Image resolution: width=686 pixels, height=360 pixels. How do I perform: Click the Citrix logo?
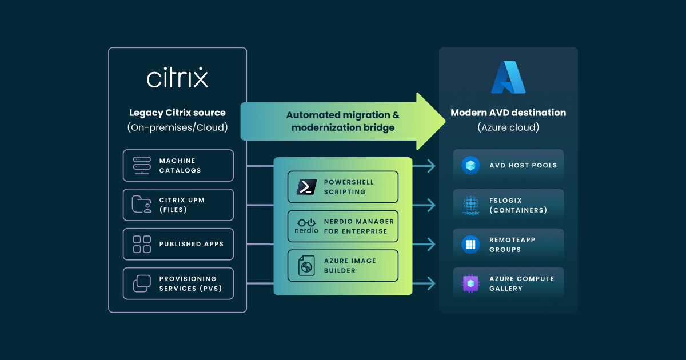[x=177, y=78]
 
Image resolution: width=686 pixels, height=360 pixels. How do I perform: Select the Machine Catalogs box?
[x=178, y=166]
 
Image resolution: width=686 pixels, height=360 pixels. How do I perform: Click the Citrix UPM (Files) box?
[x=178, y=205]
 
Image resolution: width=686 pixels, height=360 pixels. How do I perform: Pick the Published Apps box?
[x=178, y=244]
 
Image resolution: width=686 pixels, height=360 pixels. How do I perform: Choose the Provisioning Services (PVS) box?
[x=178, y=283]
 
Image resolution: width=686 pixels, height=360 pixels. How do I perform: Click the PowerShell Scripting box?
[x=343, y=187]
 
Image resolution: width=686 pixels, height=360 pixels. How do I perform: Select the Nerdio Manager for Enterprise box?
[x=343, y=226]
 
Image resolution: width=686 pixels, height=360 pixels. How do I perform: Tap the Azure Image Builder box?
[x=343, y=266]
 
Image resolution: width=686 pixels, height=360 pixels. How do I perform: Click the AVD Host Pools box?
[x=508, y=166]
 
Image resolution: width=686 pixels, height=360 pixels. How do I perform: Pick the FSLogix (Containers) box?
[x=508, y=205]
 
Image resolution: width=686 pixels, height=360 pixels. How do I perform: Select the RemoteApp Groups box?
[x=508, y=245]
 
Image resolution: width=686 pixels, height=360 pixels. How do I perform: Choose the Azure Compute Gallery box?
[x=508, y=283]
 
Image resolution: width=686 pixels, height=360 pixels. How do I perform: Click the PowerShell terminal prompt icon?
[x=307, y=187]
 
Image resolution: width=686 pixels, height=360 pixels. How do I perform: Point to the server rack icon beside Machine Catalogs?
[x=142, y=166]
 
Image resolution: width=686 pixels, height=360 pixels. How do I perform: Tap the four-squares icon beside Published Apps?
[x=142, y=244]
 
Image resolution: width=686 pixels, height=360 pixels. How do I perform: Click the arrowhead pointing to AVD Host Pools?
[x=432, y=166]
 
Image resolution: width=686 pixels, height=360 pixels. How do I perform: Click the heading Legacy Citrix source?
[x=177, y=113]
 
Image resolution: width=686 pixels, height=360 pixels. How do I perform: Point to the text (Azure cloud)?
[x=508, y=127]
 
